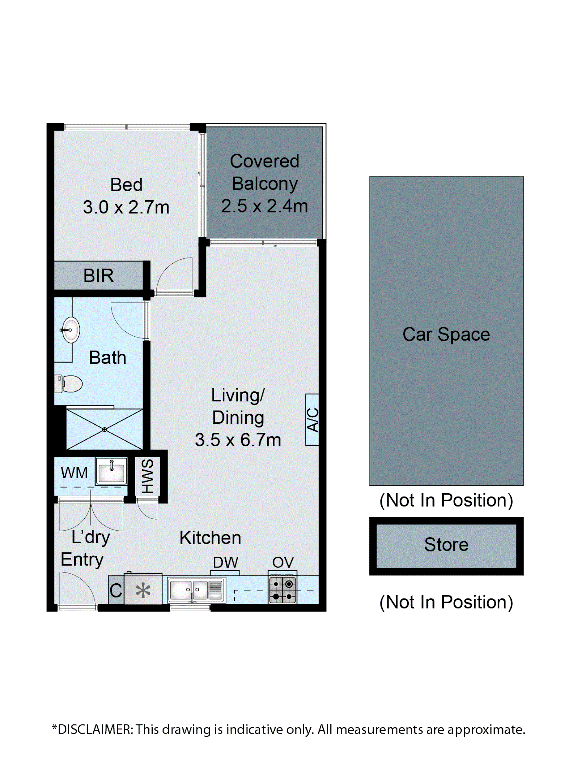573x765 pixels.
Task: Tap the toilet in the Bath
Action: pos(69,384)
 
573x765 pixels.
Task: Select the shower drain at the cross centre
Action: pos(104,430)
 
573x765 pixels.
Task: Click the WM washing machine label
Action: pos(74,473)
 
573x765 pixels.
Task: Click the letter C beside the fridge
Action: pos(116,591)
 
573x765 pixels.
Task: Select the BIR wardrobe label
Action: pos(99,276)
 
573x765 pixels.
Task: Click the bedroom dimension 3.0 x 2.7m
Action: pos(126,208)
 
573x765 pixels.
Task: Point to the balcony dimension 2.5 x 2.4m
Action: pos(264,206)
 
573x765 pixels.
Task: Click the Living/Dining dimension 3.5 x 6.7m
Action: pos(238,440)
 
